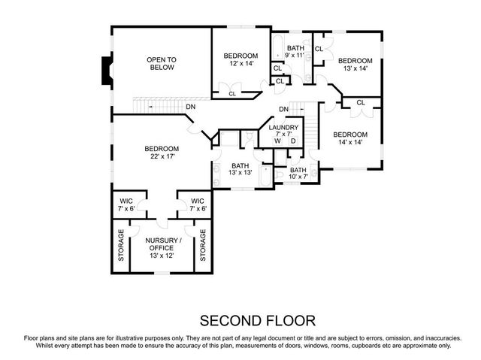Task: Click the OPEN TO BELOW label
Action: [x=160, y=63]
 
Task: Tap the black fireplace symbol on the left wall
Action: [x=104, y=72]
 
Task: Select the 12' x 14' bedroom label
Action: [x=240, y=60]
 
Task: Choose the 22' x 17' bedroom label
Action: [x=162, y=153]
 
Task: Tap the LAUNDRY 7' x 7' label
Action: [x=283, y=132]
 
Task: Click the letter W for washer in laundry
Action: [x=277, y=142]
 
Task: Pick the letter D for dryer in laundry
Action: [x=293, y=142]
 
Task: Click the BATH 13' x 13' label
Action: [x=240, y=170]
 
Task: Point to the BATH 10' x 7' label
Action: [x=298, y=174]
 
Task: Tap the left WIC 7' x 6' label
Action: [x=127, y=204]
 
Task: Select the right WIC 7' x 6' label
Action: [x=198, y=204]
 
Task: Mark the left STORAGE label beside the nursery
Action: [x=120, y=246]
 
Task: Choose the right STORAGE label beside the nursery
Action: [x=204, y=246]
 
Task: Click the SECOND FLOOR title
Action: [x=258, y=319]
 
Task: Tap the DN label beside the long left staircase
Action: [x=191, y=107]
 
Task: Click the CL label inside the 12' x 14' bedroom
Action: [x=231, y=94]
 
